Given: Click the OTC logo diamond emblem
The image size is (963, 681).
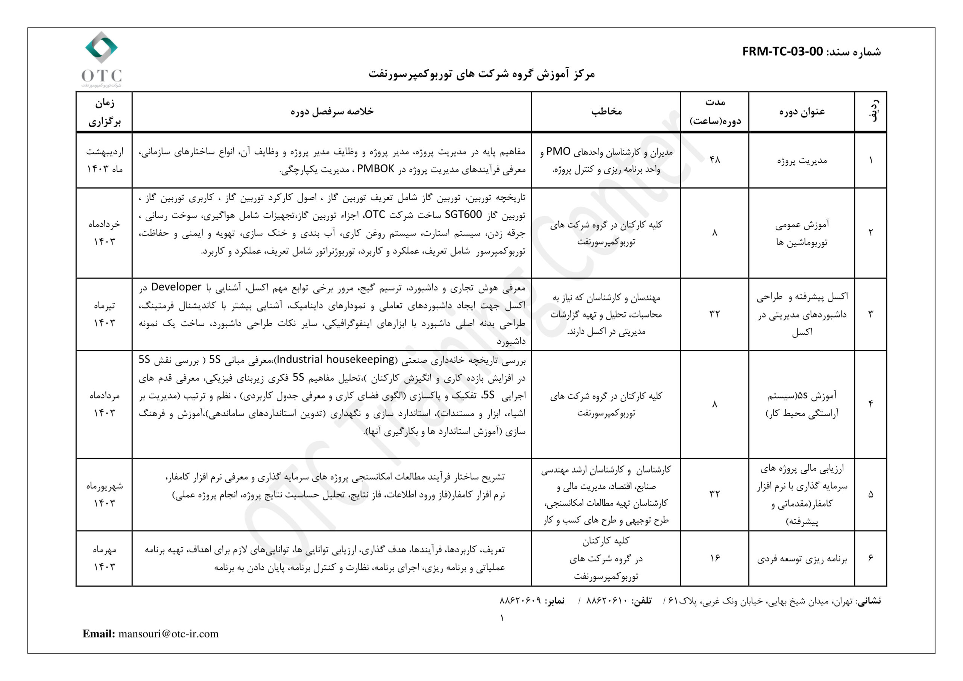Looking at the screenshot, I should (101, 47).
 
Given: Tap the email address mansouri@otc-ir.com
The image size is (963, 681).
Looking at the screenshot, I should (168, 634).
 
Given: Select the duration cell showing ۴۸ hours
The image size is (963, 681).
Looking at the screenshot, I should (714, 160).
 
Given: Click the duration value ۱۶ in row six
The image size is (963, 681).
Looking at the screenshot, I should (714, 558).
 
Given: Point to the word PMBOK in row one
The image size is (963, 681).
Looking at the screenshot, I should (375, 169).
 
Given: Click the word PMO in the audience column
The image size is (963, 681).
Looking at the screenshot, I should (558, 152).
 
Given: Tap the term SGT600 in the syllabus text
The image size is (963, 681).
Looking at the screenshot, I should (463, 215).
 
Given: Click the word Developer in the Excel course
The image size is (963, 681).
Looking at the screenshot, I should (176, 287).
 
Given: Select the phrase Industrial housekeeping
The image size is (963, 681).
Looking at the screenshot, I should (336, 360).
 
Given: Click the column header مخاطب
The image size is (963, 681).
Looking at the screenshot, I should (606, 112).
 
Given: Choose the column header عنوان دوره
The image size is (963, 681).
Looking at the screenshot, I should (802, 112).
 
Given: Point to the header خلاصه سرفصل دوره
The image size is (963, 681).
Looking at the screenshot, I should (332, 111).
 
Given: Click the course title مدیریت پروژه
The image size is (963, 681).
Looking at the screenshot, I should (802, 160).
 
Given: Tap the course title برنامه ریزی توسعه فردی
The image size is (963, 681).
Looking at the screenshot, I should (802, 559).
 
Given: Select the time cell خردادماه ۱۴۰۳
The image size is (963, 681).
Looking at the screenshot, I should (104, 233).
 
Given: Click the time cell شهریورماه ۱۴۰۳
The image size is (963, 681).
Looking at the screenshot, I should (104, 494).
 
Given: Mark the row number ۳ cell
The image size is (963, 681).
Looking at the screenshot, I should (870, 314).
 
